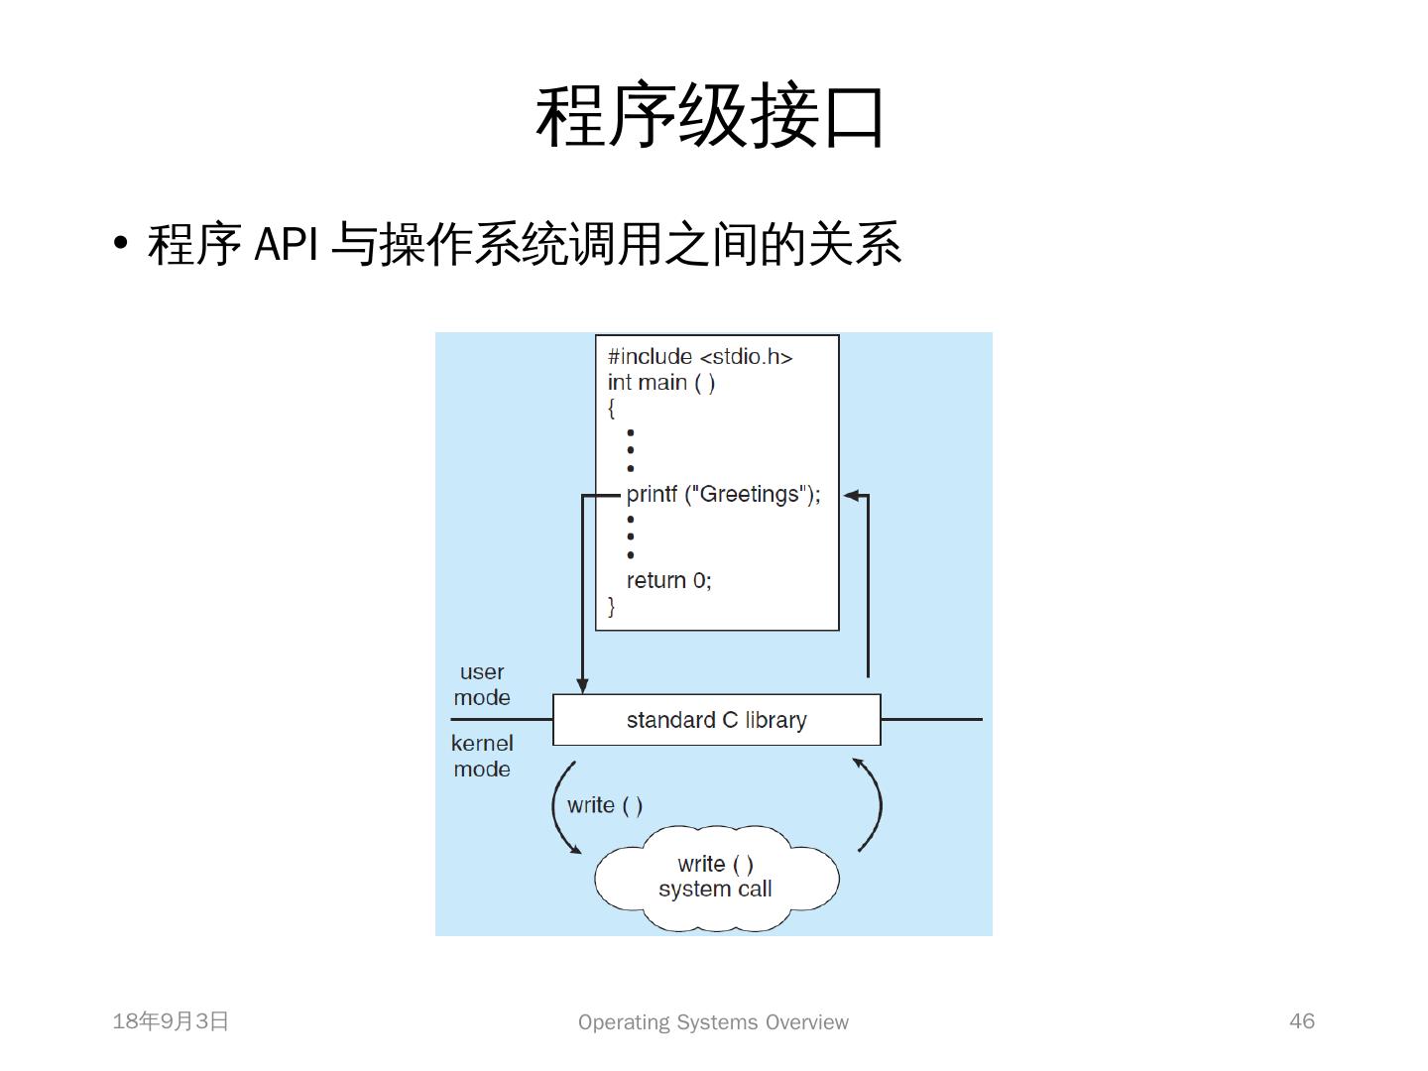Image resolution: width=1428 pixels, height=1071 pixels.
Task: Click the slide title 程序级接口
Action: (x=710, y=117)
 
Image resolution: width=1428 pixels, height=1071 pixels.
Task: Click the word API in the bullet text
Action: (x=286, y=243)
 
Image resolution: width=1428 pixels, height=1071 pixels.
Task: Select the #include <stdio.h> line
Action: (x=700, y=356)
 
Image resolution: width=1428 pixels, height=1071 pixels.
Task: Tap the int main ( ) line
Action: (x=661, y=382)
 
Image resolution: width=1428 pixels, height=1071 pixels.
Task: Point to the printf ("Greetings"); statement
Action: (x=724, y=494)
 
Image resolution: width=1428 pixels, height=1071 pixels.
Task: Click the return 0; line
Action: (x=668, y=580)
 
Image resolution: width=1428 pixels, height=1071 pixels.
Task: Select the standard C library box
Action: (x=716, y=720)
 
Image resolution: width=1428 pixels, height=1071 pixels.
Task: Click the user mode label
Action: (x=482, y=684)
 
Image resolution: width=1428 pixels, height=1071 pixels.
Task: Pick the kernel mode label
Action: (x=482, y=756)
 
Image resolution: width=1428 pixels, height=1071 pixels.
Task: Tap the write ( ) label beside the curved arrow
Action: (x=605, y=805)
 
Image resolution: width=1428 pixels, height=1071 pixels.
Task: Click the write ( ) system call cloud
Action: (x=716, y=877)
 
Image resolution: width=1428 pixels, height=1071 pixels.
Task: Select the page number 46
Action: (x=1301, y=1021)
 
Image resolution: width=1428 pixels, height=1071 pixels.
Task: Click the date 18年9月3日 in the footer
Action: (x=171, y=1021)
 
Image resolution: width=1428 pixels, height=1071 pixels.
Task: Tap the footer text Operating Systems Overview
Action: (x=713, y=1022)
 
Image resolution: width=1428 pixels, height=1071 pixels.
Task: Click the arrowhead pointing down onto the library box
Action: (x=582, y=685)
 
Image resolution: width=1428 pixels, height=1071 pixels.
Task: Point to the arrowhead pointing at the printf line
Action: (x=851, y=495)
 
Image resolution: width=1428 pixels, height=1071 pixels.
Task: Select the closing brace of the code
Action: (x=611, y=606)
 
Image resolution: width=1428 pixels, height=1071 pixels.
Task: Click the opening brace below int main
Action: (x=611, y=408)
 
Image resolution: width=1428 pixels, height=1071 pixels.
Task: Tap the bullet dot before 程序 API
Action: (x=121, y=243)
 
